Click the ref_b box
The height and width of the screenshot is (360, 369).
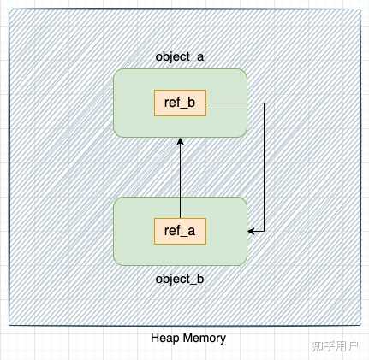point(180,103)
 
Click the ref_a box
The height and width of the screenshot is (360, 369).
point(180,231)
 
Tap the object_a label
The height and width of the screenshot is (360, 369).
point(180,57)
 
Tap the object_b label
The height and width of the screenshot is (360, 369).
point(180,279)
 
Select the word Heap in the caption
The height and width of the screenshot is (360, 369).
point(164,338)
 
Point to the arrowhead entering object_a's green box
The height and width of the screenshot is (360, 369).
point(180,142)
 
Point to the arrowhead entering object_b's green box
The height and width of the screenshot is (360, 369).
point(252,230)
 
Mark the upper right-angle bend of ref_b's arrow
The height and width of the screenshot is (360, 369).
point(264,103)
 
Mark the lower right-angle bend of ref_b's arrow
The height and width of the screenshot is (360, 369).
point(264,230)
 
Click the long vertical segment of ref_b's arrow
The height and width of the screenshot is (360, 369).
point(264,167)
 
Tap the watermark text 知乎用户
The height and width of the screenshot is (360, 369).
point(335,345)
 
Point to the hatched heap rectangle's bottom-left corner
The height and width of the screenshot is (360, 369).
point(9,325)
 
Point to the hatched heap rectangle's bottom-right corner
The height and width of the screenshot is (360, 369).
point(359,325)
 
